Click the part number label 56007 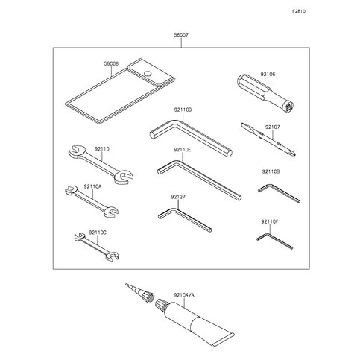(x=181, y=35)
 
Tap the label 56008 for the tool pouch (x=111, y=64)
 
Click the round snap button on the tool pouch (x=148, y=73)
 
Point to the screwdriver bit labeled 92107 (x=268, y=139)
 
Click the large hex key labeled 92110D (x=191, y=136)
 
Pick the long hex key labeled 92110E (x=199, y=180)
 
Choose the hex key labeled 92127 (x=185, y=220)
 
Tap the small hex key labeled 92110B (x=278, y=192)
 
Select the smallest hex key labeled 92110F (x=274, y=240)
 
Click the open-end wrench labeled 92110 (x=101, y=165)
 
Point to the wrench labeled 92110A (x=92, y=201)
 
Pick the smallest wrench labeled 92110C (x=96, y=246)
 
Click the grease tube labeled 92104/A (x=195, y=322)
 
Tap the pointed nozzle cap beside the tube (x=140, y=293)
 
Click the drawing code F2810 (x=299, y=11)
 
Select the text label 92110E (x=183, y=150)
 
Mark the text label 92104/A (x=184, y=295)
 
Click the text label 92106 (x=268, y=74)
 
